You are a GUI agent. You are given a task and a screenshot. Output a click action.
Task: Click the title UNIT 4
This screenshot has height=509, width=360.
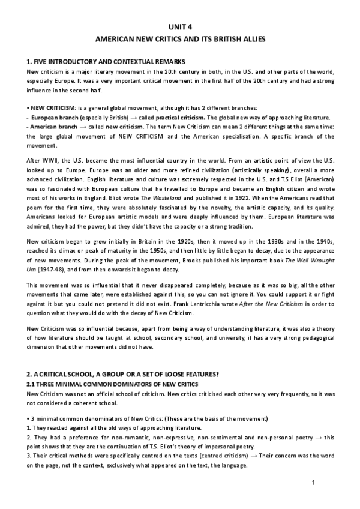pos(181,27)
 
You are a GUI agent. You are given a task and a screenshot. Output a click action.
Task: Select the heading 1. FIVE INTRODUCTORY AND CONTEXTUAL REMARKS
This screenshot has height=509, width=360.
pos(107,62)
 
